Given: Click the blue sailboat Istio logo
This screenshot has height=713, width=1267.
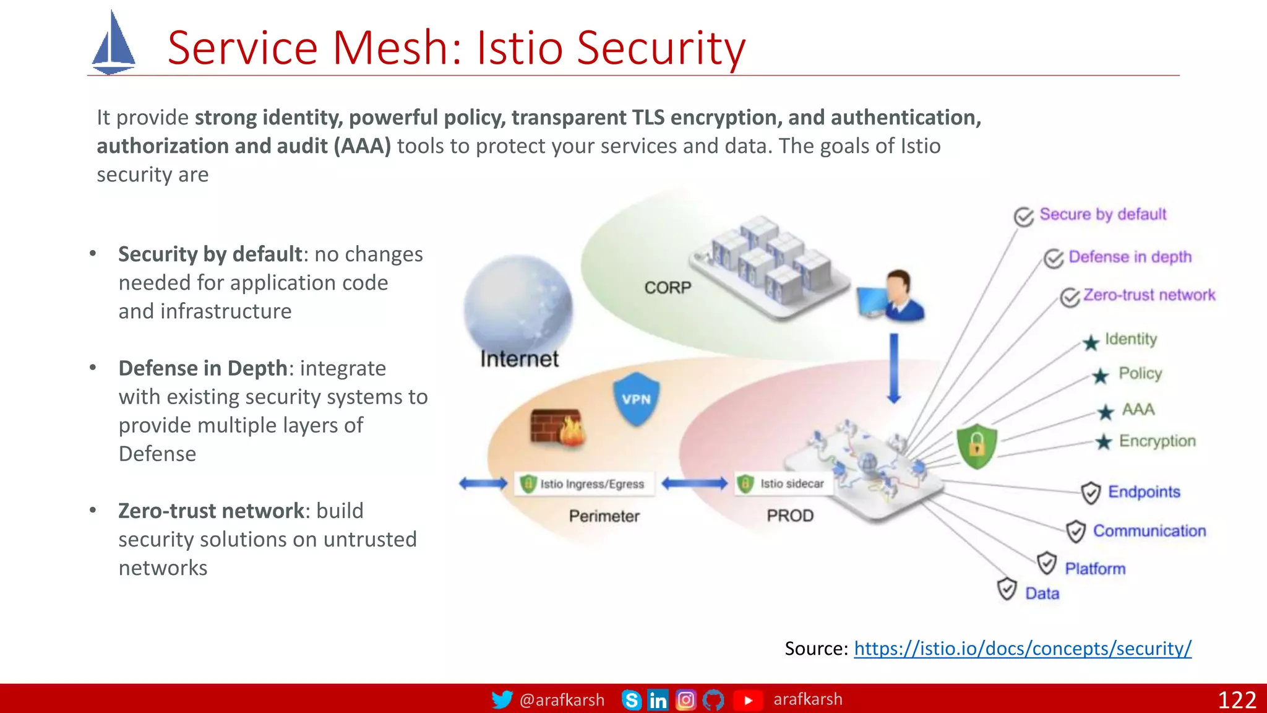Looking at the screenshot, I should [x=113, y=44].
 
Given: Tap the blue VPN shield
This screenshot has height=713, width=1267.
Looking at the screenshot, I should [x=636, y=399].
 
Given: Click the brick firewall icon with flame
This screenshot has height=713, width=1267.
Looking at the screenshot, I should [x=557, y=427].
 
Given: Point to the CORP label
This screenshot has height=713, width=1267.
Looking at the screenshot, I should [x=668, y=288].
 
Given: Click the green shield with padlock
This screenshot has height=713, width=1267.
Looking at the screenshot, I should [x=976, y=446].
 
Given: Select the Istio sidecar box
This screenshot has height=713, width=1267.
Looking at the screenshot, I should [x=783, y=484].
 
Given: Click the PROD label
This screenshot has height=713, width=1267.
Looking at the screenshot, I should [x=790, y=516].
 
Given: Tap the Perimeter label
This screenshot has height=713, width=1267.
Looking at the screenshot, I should [x=604, y=516].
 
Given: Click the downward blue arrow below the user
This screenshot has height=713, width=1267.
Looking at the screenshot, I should [x=893, y=368].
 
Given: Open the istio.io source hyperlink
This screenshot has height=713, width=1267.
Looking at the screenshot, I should [x=1022, y=648].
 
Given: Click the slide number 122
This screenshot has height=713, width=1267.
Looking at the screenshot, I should [x=1237, y=700].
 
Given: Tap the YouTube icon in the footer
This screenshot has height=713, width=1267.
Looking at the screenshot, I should [x=748, y=700].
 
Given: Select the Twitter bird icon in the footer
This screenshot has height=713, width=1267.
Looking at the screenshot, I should [x=502, y=699].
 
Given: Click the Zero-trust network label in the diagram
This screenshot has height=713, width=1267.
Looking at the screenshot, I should [x=1149, y=295].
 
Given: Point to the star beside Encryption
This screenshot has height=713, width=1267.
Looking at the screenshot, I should [x=1103, y=442].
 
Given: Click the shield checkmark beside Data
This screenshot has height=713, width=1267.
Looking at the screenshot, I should [x=1007, y=589].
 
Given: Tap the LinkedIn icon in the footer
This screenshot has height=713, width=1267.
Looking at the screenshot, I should [x=658, y=700].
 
